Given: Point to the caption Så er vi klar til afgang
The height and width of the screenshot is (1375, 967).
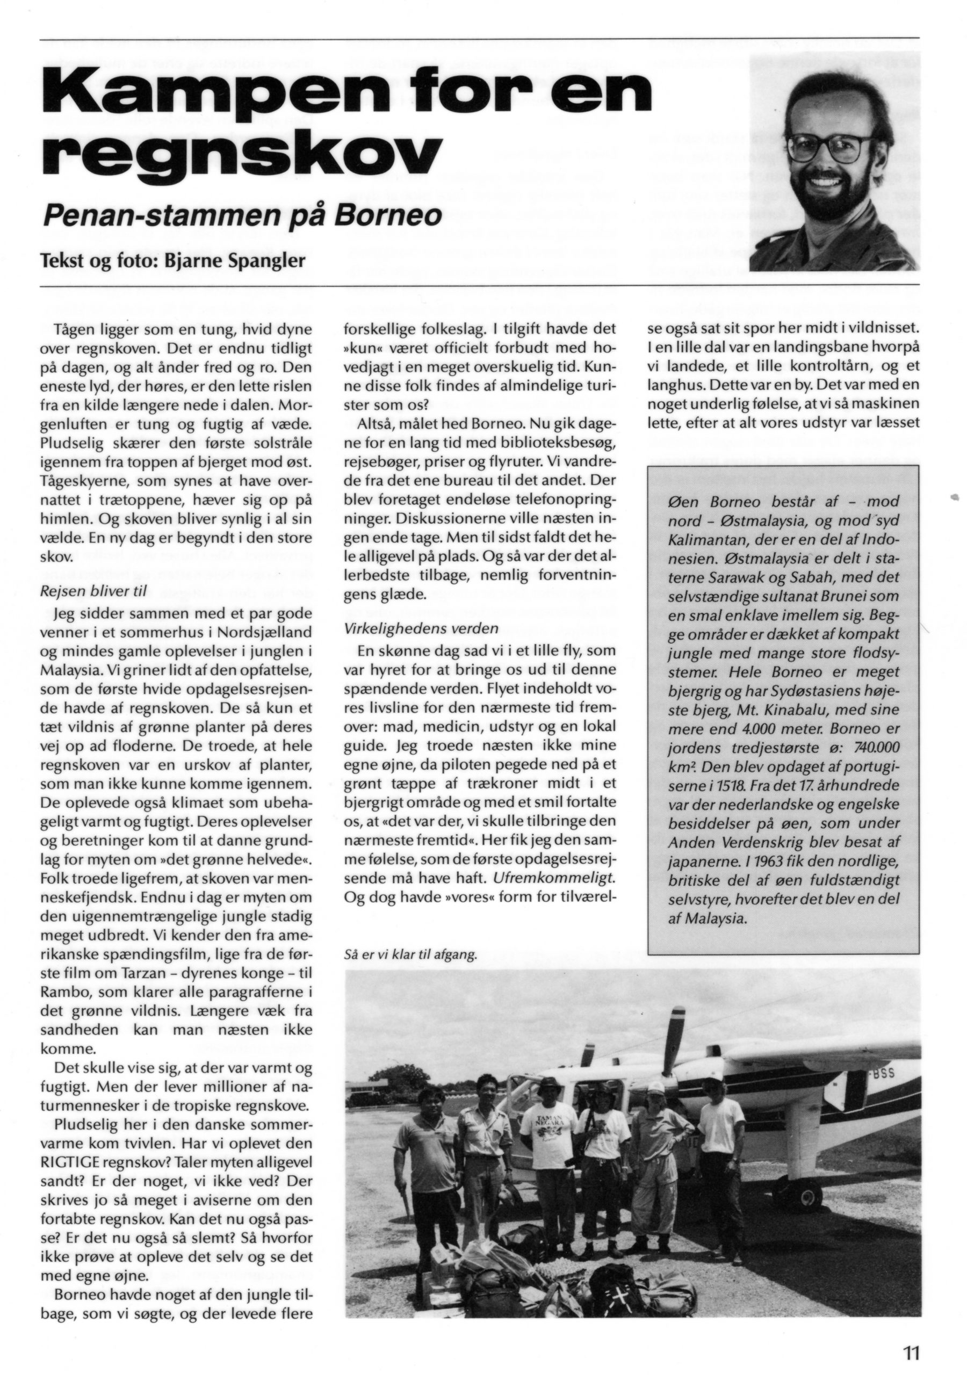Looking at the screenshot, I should click(411, 955).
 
